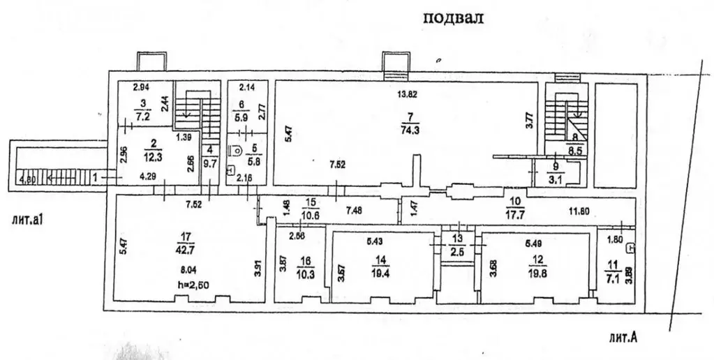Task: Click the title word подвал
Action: pyautogui.click(x=453, y=18)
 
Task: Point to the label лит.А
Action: pyautogui.click(x=623, y=340)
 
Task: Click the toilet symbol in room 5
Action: pyautogui.click(x=235, y=149)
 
